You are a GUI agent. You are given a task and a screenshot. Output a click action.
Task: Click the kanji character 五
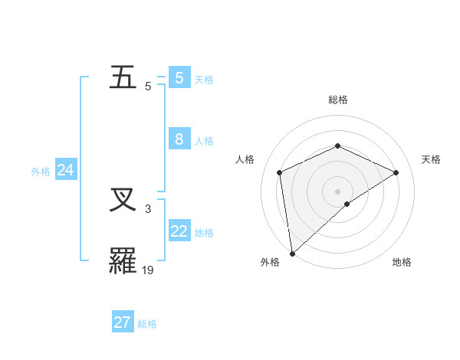click(x=124, y=78)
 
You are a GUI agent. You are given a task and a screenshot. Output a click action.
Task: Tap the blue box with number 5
click(x=179, y=78)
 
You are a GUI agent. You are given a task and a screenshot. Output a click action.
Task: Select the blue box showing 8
click(x=179, y=139)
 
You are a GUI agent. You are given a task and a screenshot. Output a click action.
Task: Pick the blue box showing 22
click(x=179, y=231)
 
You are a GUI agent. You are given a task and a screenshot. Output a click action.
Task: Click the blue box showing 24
click(x=66, y=170)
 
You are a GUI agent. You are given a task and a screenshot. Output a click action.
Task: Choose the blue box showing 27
click(x=123, y=322)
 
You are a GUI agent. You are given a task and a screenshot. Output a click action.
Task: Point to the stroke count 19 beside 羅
click(x=149, y=270)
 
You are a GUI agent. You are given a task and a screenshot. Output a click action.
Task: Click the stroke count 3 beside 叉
click(x=148, y=208)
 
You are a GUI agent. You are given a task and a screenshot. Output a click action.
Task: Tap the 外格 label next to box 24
click(x=41, y=172)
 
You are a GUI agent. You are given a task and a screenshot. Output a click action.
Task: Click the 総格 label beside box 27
click(x=147, y=324)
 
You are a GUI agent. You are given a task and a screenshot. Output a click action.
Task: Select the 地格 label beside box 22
click(x=204, y=233)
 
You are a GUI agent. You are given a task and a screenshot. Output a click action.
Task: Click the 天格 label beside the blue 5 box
click(x=204, y=80)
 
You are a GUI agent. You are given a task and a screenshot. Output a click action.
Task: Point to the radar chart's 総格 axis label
click(x=337, y=100)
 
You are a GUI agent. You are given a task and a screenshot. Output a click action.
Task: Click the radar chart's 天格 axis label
click(x=431, y=159)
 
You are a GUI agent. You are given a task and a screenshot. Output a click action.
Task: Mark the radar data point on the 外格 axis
click(x=292, y=254)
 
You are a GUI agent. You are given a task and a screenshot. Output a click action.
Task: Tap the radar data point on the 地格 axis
click(x=347, y=205)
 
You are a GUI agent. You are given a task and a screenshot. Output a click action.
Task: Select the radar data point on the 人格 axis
click(x=280, y=172)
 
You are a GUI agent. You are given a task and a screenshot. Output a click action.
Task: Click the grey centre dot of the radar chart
click(x=337, y=191)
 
